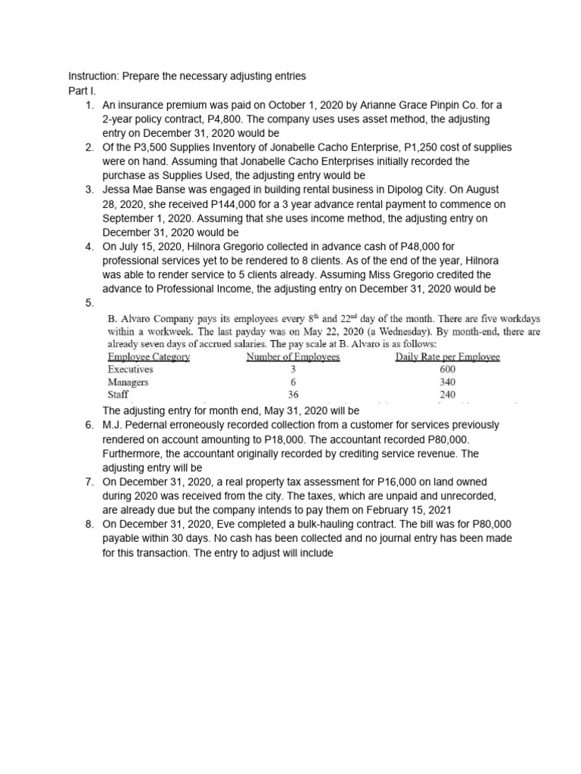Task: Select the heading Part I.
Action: point(80,91)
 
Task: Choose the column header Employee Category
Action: point(149,357)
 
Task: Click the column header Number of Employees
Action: point(293,357)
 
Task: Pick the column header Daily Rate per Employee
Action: point(447,357)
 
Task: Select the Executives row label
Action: point(130,370)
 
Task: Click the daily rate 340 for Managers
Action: point(447,382)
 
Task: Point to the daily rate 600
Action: point(447,370)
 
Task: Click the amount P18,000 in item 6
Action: point(342,439)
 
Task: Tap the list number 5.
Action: point(90,303)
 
